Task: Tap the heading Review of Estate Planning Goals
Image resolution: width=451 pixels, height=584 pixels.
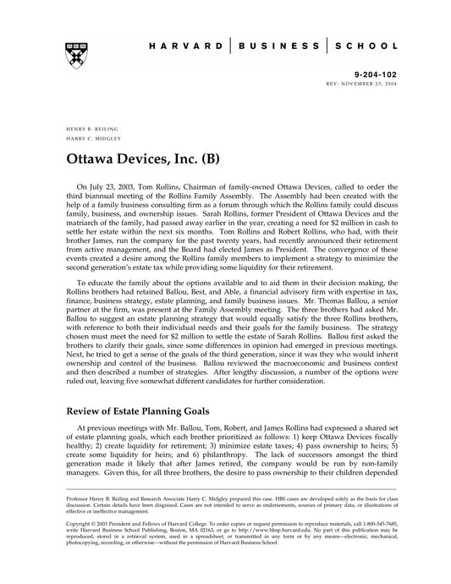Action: tap(153, 411)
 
